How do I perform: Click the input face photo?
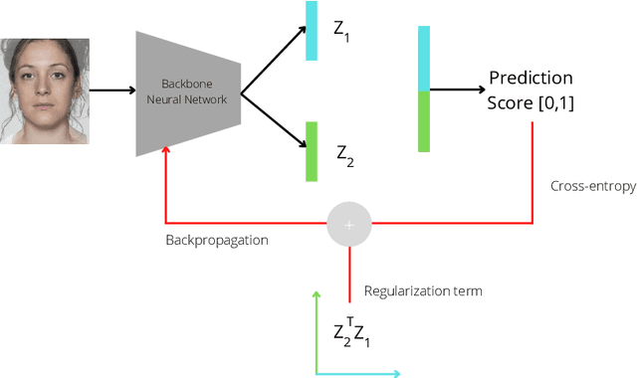45,91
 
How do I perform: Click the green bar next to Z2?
312,151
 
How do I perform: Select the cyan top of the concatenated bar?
424,59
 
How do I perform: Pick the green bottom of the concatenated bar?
424,121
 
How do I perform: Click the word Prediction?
531,79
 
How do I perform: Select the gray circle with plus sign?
348,225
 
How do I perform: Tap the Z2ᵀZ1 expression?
351,334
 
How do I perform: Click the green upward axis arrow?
317,328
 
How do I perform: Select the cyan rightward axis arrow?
358,373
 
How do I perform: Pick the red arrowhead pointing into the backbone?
165,149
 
